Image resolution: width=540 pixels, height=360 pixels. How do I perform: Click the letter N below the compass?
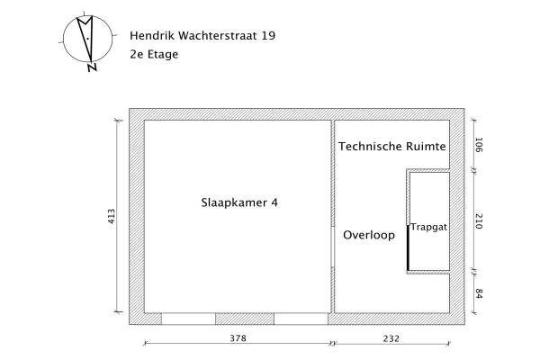92,66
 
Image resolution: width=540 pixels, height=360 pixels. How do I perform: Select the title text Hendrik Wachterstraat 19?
202,36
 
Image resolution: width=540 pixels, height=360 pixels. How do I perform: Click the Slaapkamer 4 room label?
239,202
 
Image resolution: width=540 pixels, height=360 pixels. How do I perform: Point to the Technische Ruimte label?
393,145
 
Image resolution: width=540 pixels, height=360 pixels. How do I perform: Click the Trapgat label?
429,229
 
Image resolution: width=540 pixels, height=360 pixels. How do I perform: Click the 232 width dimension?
390,339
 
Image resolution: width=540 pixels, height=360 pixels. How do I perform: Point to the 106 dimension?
479,146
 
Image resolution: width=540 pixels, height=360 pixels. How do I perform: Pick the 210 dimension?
479,220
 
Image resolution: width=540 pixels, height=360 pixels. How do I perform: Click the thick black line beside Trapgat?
409,247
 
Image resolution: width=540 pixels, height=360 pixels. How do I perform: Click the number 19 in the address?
268,36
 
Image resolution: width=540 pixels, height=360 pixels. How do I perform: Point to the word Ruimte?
427,145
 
